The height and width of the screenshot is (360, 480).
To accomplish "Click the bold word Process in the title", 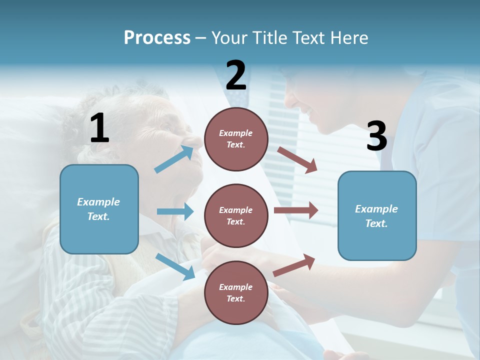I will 157,37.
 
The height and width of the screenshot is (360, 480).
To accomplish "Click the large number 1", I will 99,128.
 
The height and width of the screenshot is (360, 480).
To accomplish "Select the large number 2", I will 236,75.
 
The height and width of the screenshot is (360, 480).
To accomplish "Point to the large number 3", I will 376,136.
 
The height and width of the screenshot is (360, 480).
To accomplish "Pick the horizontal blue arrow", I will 175,211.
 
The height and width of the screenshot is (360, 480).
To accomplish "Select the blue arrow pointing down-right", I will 175,266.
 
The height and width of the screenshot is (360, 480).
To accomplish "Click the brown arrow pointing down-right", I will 297,160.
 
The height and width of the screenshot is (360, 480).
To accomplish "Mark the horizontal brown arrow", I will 296,210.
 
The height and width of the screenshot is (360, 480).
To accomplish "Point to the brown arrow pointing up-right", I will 294,265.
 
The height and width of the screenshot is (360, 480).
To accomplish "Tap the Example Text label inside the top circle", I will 236,139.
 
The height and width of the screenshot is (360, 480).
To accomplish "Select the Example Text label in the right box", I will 376,216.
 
